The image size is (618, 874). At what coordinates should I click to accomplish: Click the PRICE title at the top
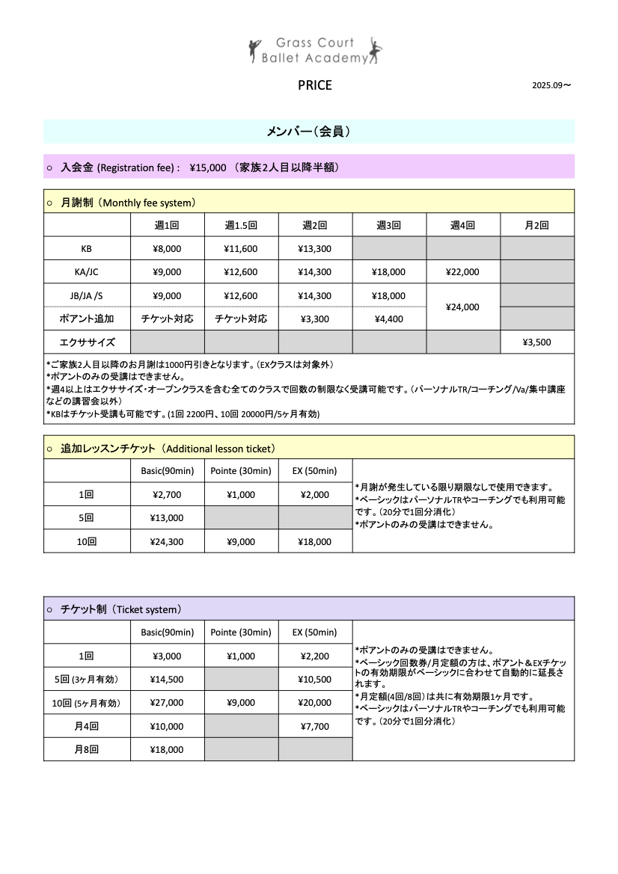pos(314,85)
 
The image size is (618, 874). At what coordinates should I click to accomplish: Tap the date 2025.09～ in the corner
pos(551,85)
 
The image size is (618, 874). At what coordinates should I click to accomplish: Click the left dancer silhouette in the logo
pos(254,49)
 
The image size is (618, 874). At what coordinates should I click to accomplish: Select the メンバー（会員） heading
pos(308,132)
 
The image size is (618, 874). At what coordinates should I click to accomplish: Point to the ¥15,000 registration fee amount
pos(207,167)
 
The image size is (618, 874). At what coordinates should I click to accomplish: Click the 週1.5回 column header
pos(241,225)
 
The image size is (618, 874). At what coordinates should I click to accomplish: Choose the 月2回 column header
pos(536,225)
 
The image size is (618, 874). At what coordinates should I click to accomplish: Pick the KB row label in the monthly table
pos(87,249)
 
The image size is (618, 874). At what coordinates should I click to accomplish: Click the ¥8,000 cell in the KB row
pos(167,249)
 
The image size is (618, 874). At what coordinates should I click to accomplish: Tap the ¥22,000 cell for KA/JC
pos(462,272)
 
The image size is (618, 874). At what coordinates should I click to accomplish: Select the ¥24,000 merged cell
pos(462,307)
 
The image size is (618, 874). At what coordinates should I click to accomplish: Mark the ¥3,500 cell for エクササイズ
pos(536,342)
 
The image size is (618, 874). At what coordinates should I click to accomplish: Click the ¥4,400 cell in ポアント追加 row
pos(389,318)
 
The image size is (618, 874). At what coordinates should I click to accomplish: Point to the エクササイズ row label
pos(87,342)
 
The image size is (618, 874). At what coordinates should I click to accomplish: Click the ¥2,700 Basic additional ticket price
pos(167,494)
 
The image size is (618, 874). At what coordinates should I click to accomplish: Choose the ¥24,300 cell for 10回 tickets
pos(167,542)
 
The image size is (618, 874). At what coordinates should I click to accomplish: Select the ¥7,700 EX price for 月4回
pos(314,726)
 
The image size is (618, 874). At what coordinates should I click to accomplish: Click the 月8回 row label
pos(87,749)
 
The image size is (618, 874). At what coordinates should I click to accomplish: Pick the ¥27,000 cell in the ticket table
pos(167,703)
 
